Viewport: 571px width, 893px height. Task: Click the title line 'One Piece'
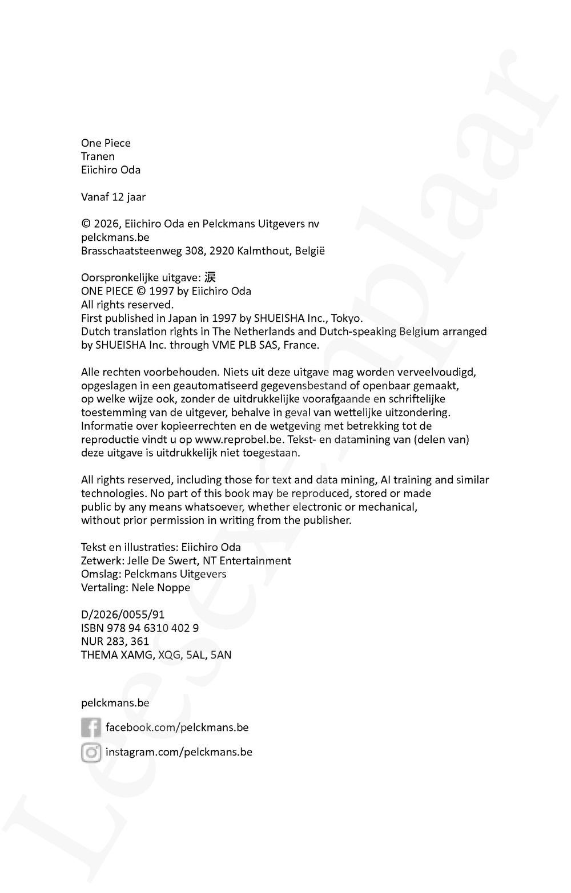pos(106,143)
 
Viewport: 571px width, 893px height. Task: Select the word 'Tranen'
pos(98,156)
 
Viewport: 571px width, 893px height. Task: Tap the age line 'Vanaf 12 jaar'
pos(113,197)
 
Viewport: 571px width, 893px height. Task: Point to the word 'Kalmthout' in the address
pos(264,251)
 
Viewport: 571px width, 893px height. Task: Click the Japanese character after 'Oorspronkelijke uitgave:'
pos(210,277)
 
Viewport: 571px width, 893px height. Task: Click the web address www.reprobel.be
pos(239,439)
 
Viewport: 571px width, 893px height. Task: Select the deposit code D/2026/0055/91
pos(123,615)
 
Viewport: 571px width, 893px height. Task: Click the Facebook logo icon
pos(91,728)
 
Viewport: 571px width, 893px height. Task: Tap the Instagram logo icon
pos(91,753)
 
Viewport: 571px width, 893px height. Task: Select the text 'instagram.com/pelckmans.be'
pos(179,752)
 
